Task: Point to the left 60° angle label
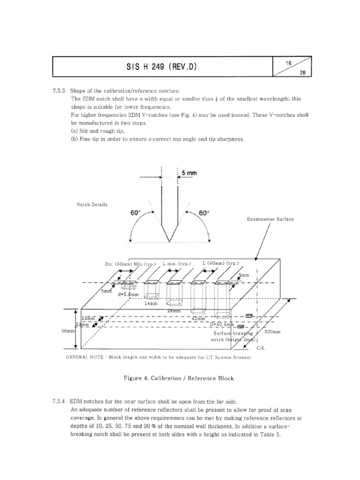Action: point(135,213)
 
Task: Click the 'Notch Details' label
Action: point(92,205)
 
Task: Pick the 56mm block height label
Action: point(68,330)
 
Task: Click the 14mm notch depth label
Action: point(151,303)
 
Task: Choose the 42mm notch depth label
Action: point(197,318)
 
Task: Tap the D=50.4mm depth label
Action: point(222,324)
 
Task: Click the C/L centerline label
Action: point(261,349)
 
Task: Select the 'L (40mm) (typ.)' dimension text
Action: point(220,264)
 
